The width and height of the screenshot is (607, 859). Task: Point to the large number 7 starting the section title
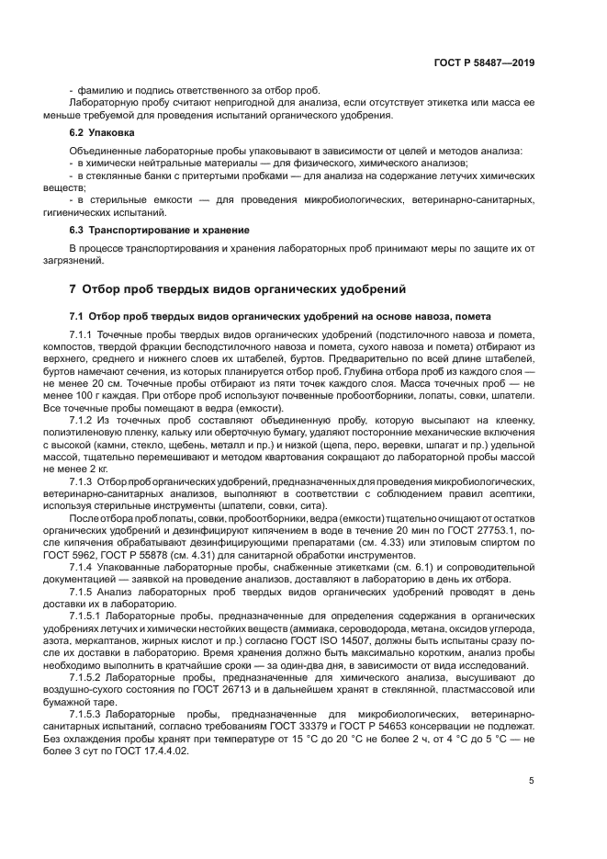tap(73, 288)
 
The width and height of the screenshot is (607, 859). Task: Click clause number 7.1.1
tap(84, 335)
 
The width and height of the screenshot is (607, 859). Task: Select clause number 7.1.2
tap(84, 416)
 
